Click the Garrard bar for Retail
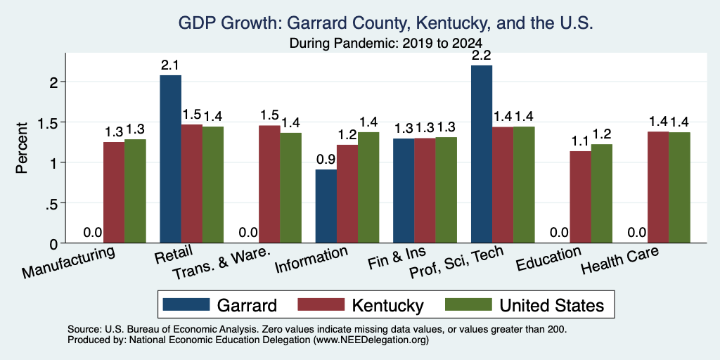(170, 159)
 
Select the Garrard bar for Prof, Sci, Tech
(482, 154)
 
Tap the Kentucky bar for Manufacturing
(114, 193)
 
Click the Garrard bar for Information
(326, 206)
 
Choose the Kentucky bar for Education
(580, 197)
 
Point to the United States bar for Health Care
(680, 187)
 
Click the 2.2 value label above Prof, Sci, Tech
(482, 56)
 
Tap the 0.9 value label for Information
(326, 160)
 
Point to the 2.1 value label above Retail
(170, 65)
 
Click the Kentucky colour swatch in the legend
(321, 304)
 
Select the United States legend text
(551, 305)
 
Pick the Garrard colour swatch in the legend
(186, 304)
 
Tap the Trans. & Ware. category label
(220, 265)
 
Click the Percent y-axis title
(22, 148)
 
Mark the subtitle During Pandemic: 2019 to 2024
(385, 44)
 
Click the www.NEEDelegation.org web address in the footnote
(371, 340)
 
